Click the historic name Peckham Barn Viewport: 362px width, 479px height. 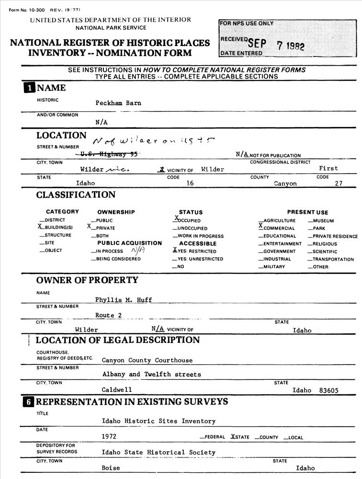pos(118,103)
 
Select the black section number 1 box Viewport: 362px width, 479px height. pos(30,88)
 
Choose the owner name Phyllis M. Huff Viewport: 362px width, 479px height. pos(123,300)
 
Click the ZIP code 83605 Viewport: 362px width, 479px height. pos(328,390)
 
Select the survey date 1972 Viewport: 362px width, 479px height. pos(109,437)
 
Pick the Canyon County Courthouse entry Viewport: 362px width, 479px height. pos(147,360)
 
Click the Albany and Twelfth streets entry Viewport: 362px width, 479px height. pos(151,374)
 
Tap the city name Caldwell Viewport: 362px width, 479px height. pos(116,390)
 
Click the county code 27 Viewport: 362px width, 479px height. pos(339,183)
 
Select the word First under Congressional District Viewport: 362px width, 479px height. pos(328,169)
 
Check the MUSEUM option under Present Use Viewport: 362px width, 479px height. pos(323,221)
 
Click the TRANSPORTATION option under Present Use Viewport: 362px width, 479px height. pos(332,259)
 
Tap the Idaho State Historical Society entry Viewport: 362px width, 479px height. pos(158,452)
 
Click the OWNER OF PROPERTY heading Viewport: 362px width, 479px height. pos(87,280)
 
